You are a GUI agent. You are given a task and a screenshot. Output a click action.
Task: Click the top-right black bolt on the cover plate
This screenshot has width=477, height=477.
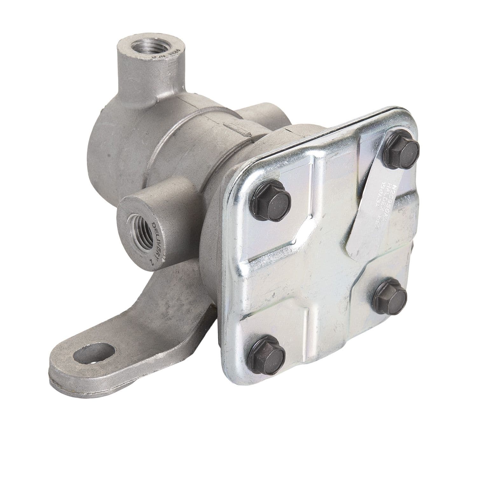401,149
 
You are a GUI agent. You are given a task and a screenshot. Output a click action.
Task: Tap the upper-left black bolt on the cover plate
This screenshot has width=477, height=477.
271,201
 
